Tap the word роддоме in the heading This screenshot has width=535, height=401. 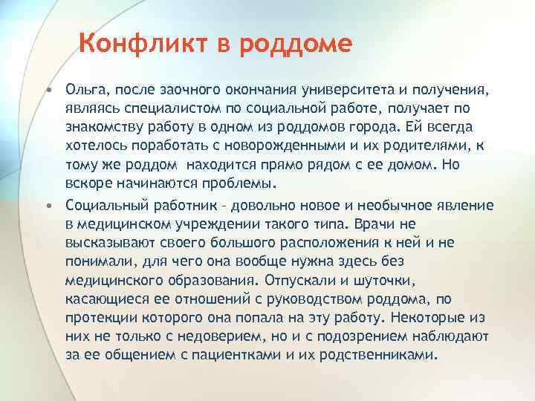pyautogui.click(x=296, y=45)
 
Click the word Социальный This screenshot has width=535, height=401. pyautogui.click(x=105, y=204)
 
